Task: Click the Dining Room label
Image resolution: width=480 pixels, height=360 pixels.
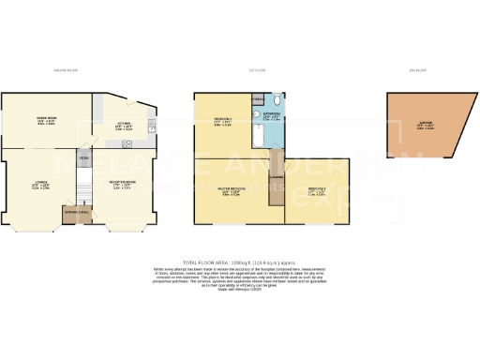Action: click(x=47, y=121)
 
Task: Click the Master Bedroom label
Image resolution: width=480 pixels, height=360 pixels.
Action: click(x=231, y=192)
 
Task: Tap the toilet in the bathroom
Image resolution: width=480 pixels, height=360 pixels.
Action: click(x=278, y=99)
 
